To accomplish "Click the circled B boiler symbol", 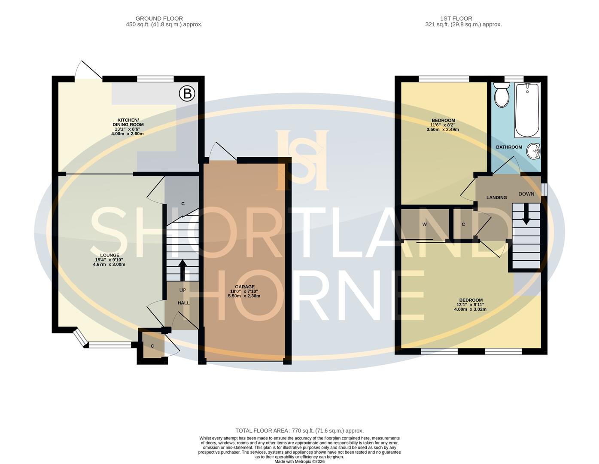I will (x=187, y=94).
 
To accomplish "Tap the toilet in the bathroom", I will (x=501, y=95).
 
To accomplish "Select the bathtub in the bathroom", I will (x=527, y=110).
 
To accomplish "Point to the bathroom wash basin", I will (x=534, y=151).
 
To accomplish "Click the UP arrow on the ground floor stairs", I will (x=182, y=270).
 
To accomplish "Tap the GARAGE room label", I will (x=245, y=287).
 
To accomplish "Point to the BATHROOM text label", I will (x=509, y=147).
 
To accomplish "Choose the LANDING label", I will (x=496, y=198).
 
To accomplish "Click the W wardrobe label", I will (x=424, y=224).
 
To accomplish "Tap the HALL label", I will (x=183, y=303).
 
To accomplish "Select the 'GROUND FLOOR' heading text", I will (x=159, y=18).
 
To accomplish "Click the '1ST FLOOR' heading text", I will (x=456, y=18).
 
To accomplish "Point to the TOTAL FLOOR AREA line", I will (x=299, y=430).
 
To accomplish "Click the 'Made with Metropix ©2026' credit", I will (x=299, y=462).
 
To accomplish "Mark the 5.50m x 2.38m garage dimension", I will (x=244, y=296).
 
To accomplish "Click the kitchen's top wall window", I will (x=155, y=79).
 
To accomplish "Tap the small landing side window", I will (x=544, y=189).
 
